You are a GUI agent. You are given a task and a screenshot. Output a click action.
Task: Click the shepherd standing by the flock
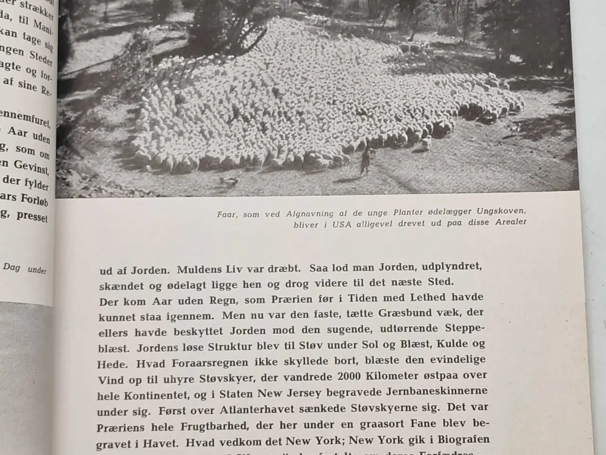pos(365,161)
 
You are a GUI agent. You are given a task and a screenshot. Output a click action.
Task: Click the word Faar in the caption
pos(227,214)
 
